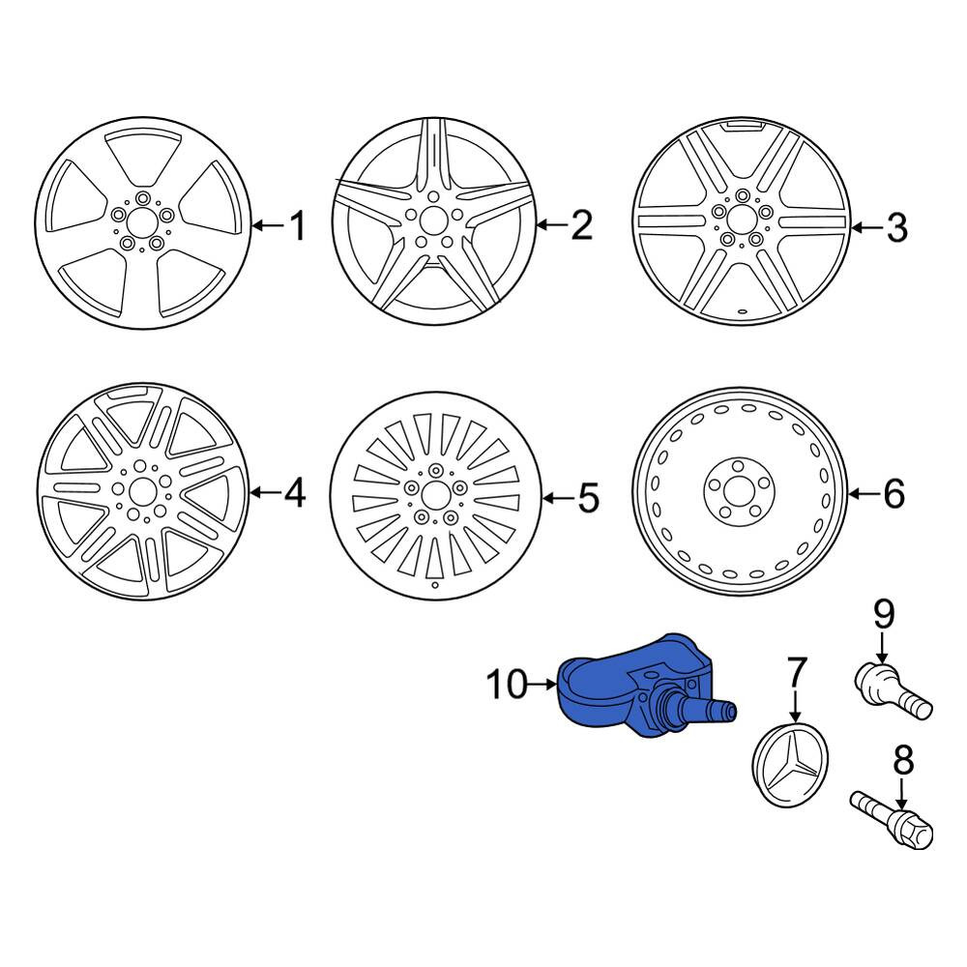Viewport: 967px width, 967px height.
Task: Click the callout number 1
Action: coord(298,225)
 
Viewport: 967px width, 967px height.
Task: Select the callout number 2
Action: coord(581,225)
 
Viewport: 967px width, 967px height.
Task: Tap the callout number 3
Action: coord(896,227)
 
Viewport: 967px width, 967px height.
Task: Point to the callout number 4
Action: coord(294,493)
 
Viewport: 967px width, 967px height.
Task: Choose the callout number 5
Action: coord(589,497)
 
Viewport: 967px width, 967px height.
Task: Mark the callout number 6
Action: coord(894,493)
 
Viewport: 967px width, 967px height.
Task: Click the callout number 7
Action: coord(796,673)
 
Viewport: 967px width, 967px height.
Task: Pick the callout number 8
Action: coord(903,761)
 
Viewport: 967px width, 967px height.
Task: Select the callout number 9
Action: coord(883,614)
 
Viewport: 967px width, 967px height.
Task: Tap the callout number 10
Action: coord(507,685)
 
